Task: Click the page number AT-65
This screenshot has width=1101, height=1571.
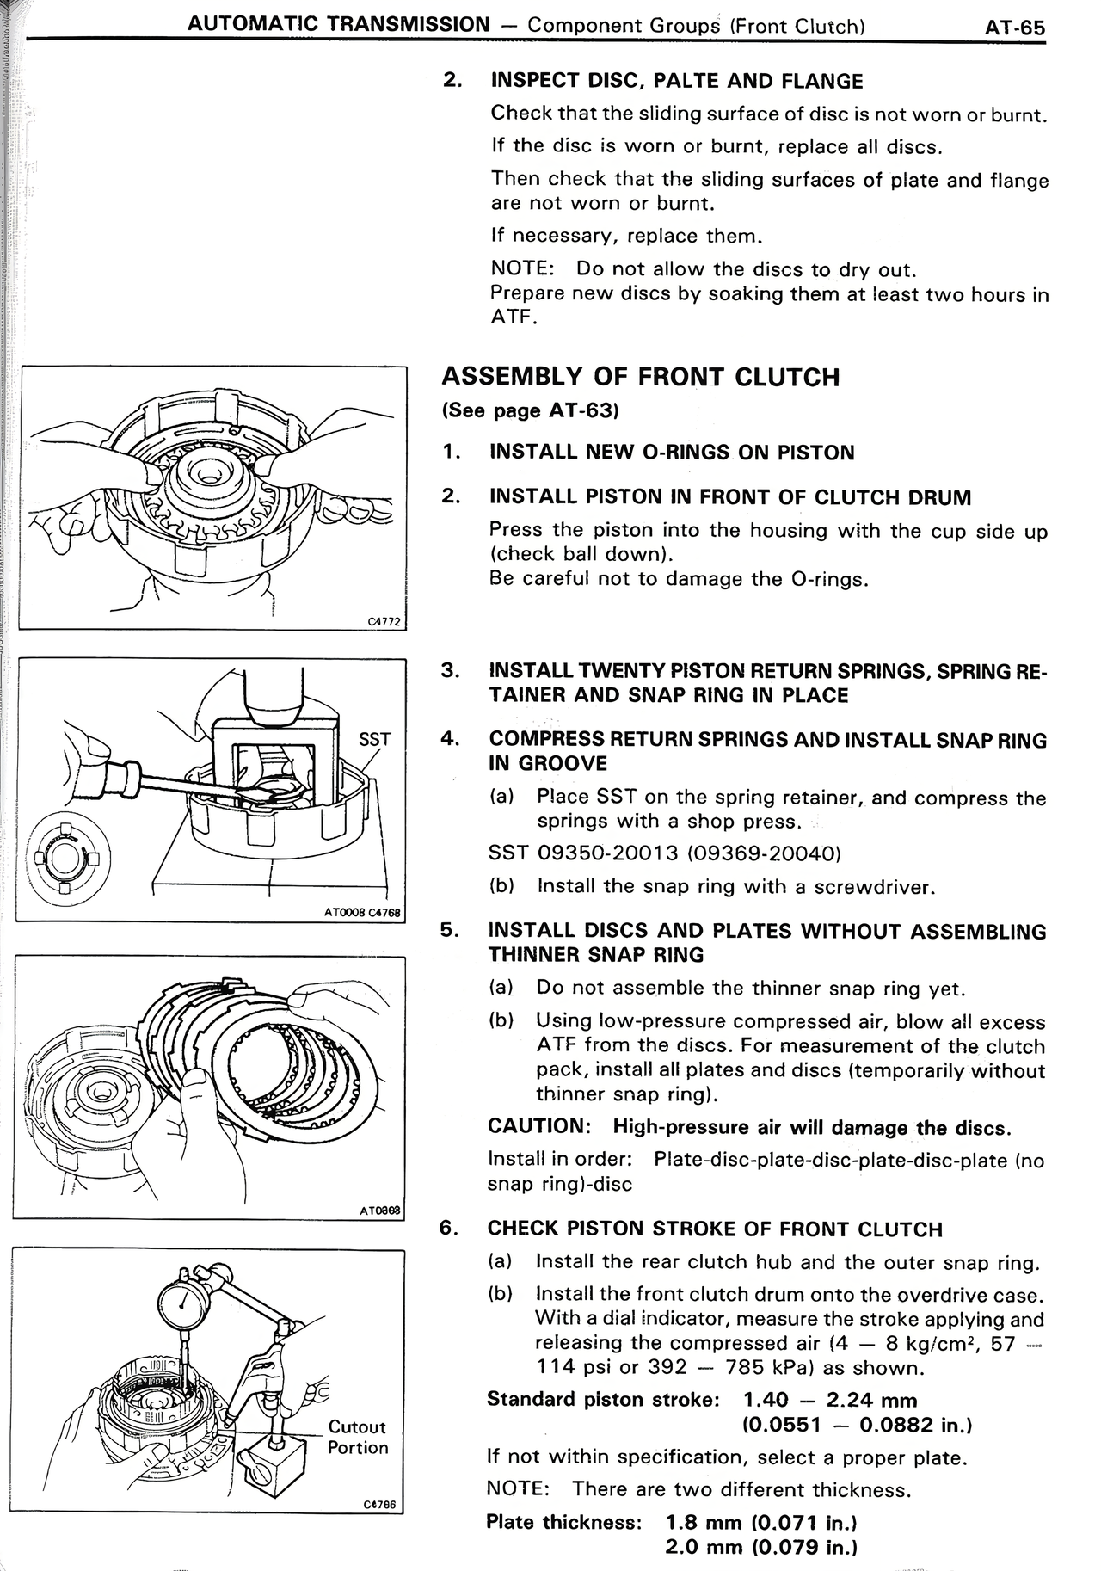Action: click(x=1014, y=27)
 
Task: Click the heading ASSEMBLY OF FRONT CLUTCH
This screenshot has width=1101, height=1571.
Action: click(x=640, y=377)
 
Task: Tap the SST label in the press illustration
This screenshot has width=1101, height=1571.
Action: click(x=374, y=739)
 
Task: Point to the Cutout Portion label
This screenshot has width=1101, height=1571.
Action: click(x=358, y=1437)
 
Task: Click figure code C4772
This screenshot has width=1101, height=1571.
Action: click(x=384, y=621)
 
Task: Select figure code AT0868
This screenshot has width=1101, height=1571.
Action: click(x=379, y=1211)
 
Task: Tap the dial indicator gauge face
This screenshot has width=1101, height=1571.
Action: click(x=183, y=1305)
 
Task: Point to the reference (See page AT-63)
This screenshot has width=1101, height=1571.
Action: click(x=530, y=410)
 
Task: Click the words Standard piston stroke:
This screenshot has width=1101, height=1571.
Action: click(x=602, y=1399)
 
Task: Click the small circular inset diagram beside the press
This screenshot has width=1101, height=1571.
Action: click(x=65, y=857)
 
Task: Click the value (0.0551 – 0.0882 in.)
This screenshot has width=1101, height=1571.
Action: click(x=856, y=1425)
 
